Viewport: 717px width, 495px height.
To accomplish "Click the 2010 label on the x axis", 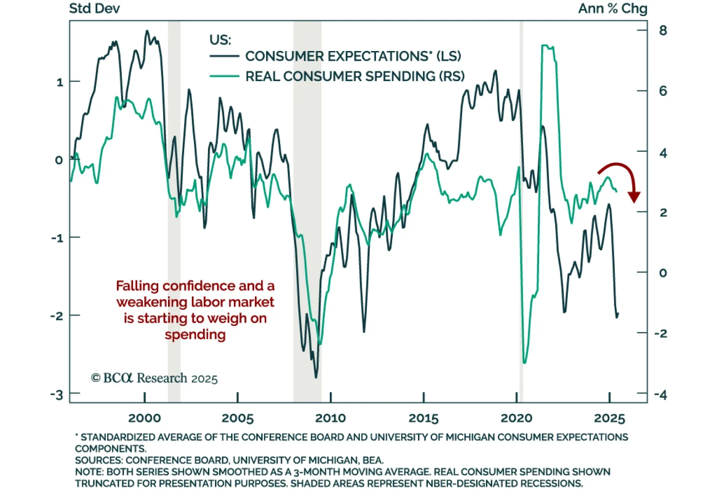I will pyautogui.click(x=330, y=418).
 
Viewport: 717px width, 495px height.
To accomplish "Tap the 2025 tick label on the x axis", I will pyautogui.click(x=609, y=418).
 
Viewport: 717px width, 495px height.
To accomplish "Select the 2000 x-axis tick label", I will pyautogui.click(x=144, y=418).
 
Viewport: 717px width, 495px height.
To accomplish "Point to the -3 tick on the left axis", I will pyautogui.click(x=57, y=394).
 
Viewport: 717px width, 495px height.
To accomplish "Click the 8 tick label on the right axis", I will pyautogui.click(x=663, y=30).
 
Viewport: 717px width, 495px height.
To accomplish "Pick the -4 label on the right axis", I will pyautogui.click(x=661, y=394).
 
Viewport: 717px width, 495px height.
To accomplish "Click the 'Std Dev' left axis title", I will pyautogui.click(x=95, y=9).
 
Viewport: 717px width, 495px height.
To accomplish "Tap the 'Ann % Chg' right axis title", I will pyautogui.click(x=613, y=9).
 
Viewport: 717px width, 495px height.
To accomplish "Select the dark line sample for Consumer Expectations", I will pyautogui.click(x=224, y=56).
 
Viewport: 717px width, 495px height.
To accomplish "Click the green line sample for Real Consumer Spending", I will pyautogui.click(x=224, y=76).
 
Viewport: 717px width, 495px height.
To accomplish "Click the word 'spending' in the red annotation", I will pyautogui.click(x=195, y=334).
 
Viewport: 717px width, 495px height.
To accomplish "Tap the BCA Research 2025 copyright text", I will pyautogui.click(x=154, y=378).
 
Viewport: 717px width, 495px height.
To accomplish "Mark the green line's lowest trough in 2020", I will pyautogui.click(x=525, y=362).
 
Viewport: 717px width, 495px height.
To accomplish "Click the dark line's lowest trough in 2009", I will pyautogui.click(x=316, y=377).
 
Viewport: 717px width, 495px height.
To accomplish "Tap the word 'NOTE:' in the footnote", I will pyautogui.click(x=89, y=472).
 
